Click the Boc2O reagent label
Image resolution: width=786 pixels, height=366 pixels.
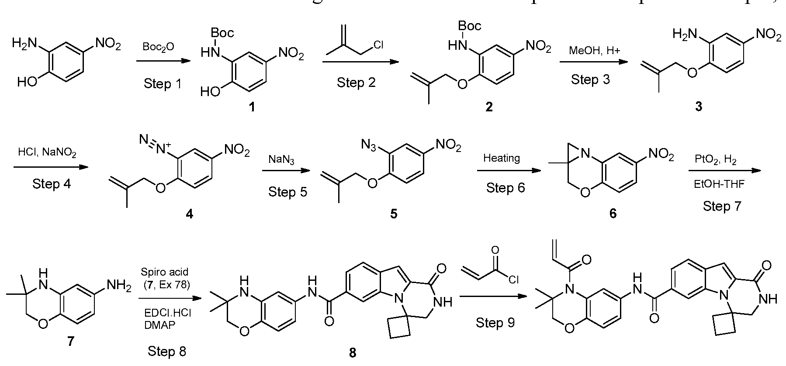(158, 47)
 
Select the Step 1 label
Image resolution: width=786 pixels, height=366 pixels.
(162, 83)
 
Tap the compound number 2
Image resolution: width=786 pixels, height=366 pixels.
(489, 107)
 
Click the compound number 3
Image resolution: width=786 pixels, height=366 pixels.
(698, 107)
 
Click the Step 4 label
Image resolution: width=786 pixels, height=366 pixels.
(51, 184)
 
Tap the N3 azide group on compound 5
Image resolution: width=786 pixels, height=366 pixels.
(370, 144)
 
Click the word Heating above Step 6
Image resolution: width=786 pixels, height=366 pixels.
(501, 158)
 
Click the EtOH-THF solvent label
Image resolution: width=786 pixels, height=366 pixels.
(719, 184)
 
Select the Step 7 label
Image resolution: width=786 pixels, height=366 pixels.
(722, 206)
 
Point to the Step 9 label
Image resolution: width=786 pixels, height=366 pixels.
(495, 322)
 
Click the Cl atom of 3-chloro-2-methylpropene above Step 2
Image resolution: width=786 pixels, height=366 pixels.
(378, 45)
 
